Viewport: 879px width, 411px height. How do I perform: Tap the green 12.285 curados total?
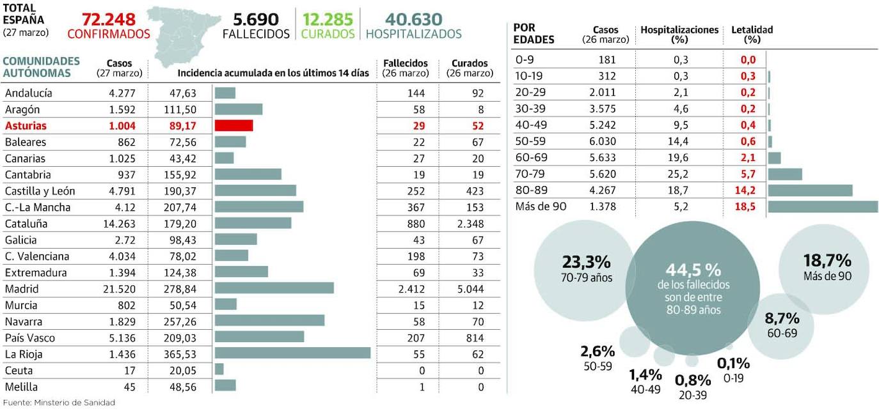328,19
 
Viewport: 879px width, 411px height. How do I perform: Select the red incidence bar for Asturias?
234,125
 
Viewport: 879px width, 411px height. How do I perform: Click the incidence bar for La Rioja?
292,353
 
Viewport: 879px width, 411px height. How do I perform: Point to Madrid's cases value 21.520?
122,289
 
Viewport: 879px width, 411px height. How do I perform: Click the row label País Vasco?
29,337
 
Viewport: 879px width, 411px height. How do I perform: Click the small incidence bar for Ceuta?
219,370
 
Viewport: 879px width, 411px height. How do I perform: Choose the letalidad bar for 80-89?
810,190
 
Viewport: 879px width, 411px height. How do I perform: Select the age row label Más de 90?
541,206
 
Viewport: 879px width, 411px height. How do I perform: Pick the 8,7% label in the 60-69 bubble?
782,318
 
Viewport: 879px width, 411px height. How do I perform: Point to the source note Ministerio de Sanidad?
59,403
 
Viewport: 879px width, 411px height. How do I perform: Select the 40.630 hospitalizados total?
413,19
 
